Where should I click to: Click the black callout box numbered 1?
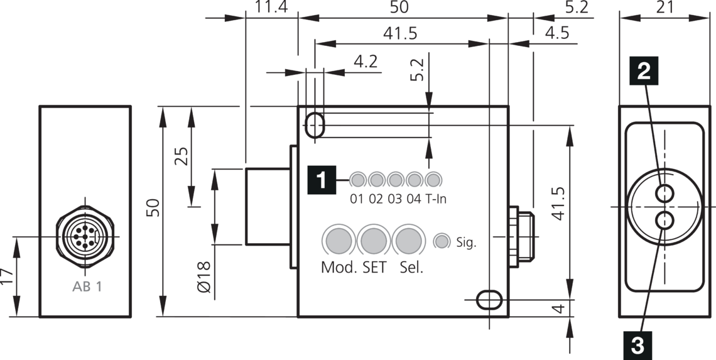(x=321, y=180)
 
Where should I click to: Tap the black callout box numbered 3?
(x=637, y=344)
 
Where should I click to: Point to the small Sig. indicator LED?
(x=442, y=241)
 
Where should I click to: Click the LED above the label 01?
(x=357, y=180)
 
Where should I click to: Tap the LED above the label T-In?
(x=433, y=180)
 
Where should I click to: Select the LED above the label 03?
(x=395, y=180)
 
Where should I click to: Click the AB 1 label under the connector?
(x=87, y=287)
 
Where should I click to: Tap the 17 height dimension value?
(x=7, y=276)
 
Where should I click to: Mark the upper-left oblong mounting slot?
(x=315, y=125)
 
